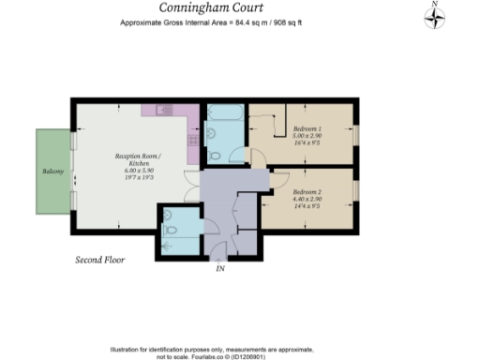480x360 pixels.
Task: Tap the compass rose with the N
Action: [435, 17]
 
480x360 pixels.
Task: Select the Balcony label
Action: [52, 172]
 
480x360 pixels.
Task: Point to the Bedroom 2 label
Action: [281, 191]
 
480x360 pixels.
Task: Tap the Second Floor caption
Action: [100, 259]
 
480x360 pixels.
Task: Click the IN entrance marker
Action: [220, 269]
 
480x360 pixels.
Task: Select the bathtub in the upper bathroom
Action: [224, 116]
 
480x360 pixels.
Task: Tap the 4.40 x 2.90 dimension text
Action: [281, 200]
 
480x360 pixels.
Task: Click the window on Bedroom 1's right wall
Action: [355, 134]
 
